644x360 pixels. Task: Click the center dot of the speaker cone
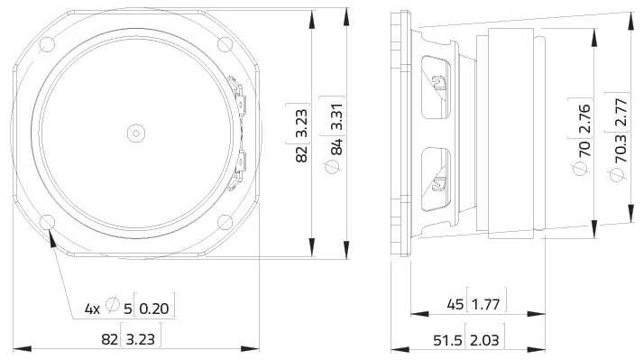[134, 132]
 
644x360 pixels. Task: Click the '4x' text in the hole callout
[92, 309]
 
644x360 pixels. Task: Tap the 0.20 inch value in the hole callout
[155, 309]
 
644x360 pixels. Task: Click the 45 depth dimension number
[453, 306]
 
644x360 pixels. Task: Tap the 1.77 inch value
[487, 306]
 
